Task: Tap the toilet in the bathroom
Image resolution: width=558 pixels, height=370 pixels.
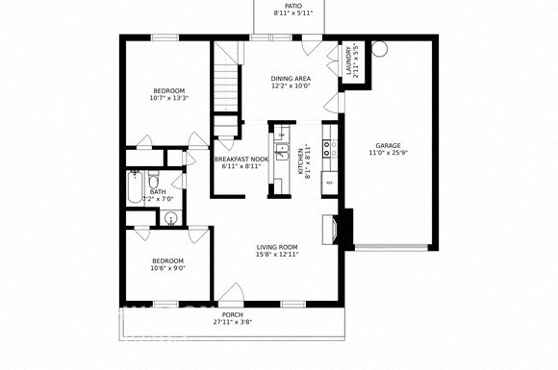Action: pyautogui.click(x=153, y=181)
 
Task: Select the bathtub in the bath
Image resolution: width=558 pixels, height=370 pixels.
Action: pyautogui.click(x=132, y=189)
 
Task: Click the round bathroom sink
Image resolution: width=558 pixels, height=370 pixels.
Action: pyautogui.click(x=171, y=218)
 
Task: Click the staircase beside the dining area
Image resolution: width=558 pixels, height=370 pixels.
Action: pyautogui.click(x=225, y=82)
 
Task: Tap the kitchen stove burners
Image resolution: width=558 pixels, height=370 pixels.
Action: pyautogui.click(x=329, y=149)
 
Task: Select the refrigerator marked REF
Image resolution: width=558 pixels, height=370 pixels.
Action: pyautogui.click(x=329, y=182)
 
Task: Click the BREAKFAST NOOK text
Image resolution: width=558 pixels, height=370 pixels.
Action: pyautogui.click(x=239, y=159)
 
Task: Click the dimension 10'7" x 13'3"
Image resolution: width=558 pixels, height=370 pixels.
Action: pyautogui.click(x=169, y=97)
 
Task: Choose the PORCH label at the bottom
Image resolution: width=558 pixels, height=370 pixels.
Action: pyautogui.click(x=232, y=314)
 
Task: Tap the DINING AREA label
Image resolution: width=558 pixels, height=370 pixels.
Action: pyautogui.click(x=292, y=78)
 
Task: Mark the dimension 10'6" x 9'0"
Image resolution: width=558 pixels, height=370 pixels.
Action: pyautogui.click(x=167, y=268)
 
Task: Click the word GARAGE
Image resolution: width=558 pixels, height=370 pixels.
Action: pyautogui.click(x=390, y=145)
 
